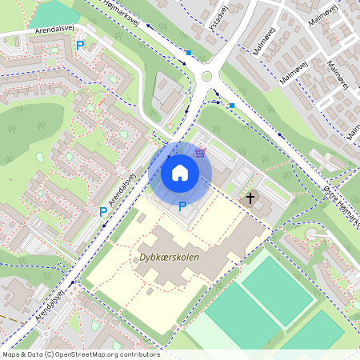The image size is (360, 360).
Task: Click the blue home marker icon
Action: point(180,172)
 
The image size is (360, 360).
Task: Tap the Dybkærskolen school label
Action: point(169,258)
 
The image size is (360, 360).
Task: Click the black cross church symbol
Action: point(250,197)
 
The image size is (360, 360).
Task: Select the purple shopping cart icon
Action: point(200,154)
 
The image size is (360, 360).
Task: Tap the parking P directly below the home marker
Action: point(182,206)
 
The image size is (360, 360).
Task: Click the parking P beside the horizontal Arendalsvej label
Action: point(80,46)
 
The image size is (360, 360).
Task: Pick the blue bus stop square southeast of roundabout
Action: point(232,105)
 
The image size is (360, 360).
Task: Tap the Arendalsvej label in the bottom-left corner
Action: point(50,307)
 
